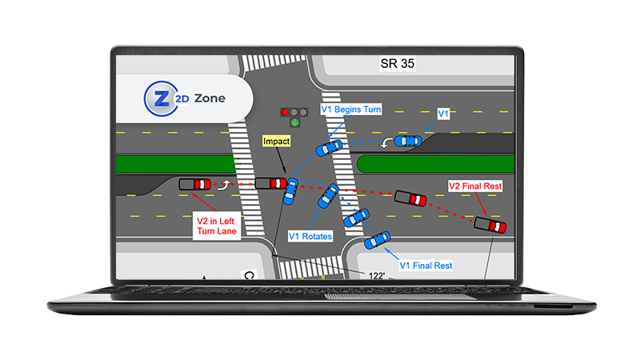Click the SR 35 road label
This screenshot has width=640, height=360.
point(397,64)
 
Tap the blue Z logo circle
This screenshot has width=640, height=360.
point(162,98)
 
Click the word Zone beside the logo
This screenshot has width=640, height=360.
point(210,98)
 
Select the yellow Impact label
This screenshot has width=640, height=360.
point(276,142)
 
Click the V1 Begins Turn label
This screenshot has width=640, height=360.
point(351,110)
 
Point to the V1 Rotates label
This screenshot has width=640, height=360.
point(310,236)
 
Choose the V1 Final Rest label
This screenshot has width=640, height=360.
point(426,266)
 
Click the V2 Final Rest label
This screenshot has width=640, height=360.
point(475,186)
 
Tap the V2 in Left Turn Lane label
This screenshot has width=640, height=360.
point(216,226)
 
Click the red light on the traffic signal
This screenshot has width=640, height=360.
point(285,112)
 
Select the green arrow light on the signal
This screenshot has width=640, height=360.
point(294,122)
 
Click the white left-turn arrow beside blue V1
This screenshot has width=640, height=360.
point(386,143)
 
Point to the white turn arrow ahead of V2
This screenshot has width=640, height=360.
point(224,185)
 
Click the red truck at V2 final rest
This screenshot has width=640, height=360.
point(490,225)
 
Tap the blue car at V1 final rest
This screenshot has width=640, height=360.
point(377,240)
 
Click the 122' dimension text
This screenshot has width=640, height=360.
point(376,276)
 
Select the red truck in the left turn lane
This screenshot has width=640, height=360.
point(195,184)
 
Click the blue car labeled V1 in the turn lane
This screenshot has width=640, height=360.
point(408,141)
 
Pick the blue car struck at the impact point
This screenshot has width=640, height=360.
point(290,191)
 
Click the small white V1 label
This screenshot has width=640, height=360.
point(443,114)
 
